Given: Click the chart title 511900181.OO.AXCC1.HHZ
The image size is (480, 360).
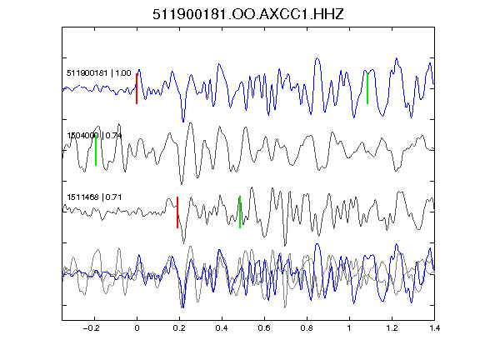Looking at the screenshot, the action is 248,14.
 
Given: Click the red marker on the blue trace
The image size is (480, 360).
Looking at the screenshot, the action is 137,89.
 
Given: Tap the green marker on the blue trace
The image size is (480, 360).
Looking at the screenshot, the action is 367,89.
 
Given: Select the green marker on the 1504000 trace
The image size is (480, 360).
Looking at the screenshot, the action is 96,150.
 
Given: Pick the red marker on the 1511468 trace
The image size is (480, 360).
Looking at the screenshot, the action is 177,212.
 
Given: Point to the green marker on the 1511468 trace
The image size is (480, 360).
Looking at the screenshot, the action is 240,212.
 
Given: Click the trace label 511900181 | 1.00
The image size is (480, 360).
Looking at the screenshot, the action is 99,73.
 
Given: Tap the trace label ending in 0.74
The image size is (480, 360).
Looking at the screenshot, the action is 95,135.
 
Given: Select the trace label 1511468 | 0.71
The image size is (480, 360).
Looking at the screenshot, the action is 94,197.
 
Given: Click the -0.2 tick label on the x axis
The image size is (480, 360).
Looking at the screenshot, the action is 92,328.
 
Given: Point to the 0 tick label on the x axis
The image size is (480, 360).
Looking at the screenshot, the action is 137,328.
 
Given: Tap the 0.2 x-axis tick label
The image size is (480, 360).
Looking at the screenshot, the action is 179,328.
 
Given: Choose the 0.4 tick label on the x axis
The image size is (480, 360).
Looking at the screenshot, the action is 222,328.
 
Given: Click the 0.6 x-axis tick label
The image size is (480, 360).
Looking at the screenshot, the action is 264,328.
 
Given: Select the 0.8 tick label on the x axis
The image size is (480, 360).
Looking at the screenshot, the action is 307,328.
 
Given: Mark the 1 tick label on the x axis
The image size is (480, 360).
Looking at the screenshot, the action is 349,328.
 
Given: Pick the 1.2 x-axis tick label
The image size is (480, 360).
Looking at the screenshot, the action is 392,328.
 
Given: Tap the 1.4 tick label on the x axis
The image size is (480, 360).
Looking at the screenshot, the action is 434,328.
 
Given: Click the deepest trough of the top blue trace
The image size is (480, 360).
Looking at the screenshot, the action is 183,122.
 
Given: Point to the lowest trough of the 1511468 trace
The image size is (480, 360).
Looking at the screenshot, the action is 285,246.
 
